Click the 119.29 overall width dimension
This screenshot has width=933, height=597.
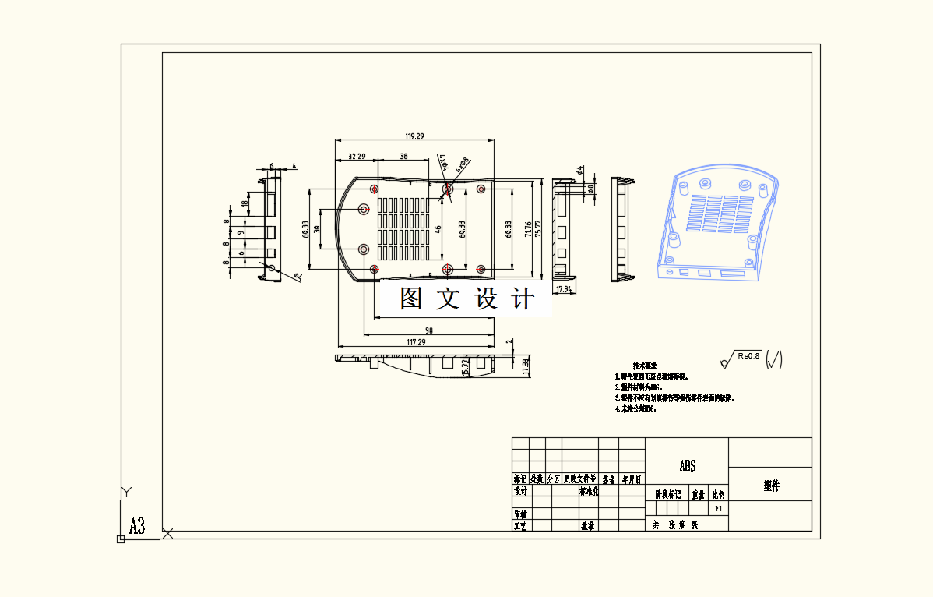pyautogui.click(x=414, y=136)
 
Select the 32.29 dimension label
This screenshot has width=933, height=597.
pyautogui.click(x=357, y=157)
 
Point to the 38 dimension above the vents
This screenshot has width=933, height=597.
pyautogui.click(x=403, y=157)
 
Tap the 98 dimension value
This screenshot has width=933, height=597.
pyautogui.click(x=429, y=330)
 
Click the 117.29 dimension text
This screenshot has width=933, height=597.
pyautogui.click(x=416, y=342)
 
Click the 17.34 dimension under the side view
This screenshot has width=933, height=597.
pyautogui.click(x=564, y=289)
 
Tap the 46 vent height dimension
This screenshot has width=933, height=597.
pyautogui.click(x=438, y=230)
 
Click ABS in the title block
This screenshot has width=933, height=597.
pyautogui.click(x=687, y=466)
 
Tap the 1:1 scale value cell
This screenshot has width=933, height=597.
pyautogui.click(x=718, y=508)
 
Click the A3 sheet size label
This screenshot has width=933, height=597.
pyautogui.click(x=137, y=525)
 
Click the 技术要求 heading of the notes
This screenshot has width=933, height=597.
pyautogui.click(x=646, y=366)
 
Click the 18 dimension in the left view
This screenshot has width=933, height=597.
pyautogui.click(x=245, y=203)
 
